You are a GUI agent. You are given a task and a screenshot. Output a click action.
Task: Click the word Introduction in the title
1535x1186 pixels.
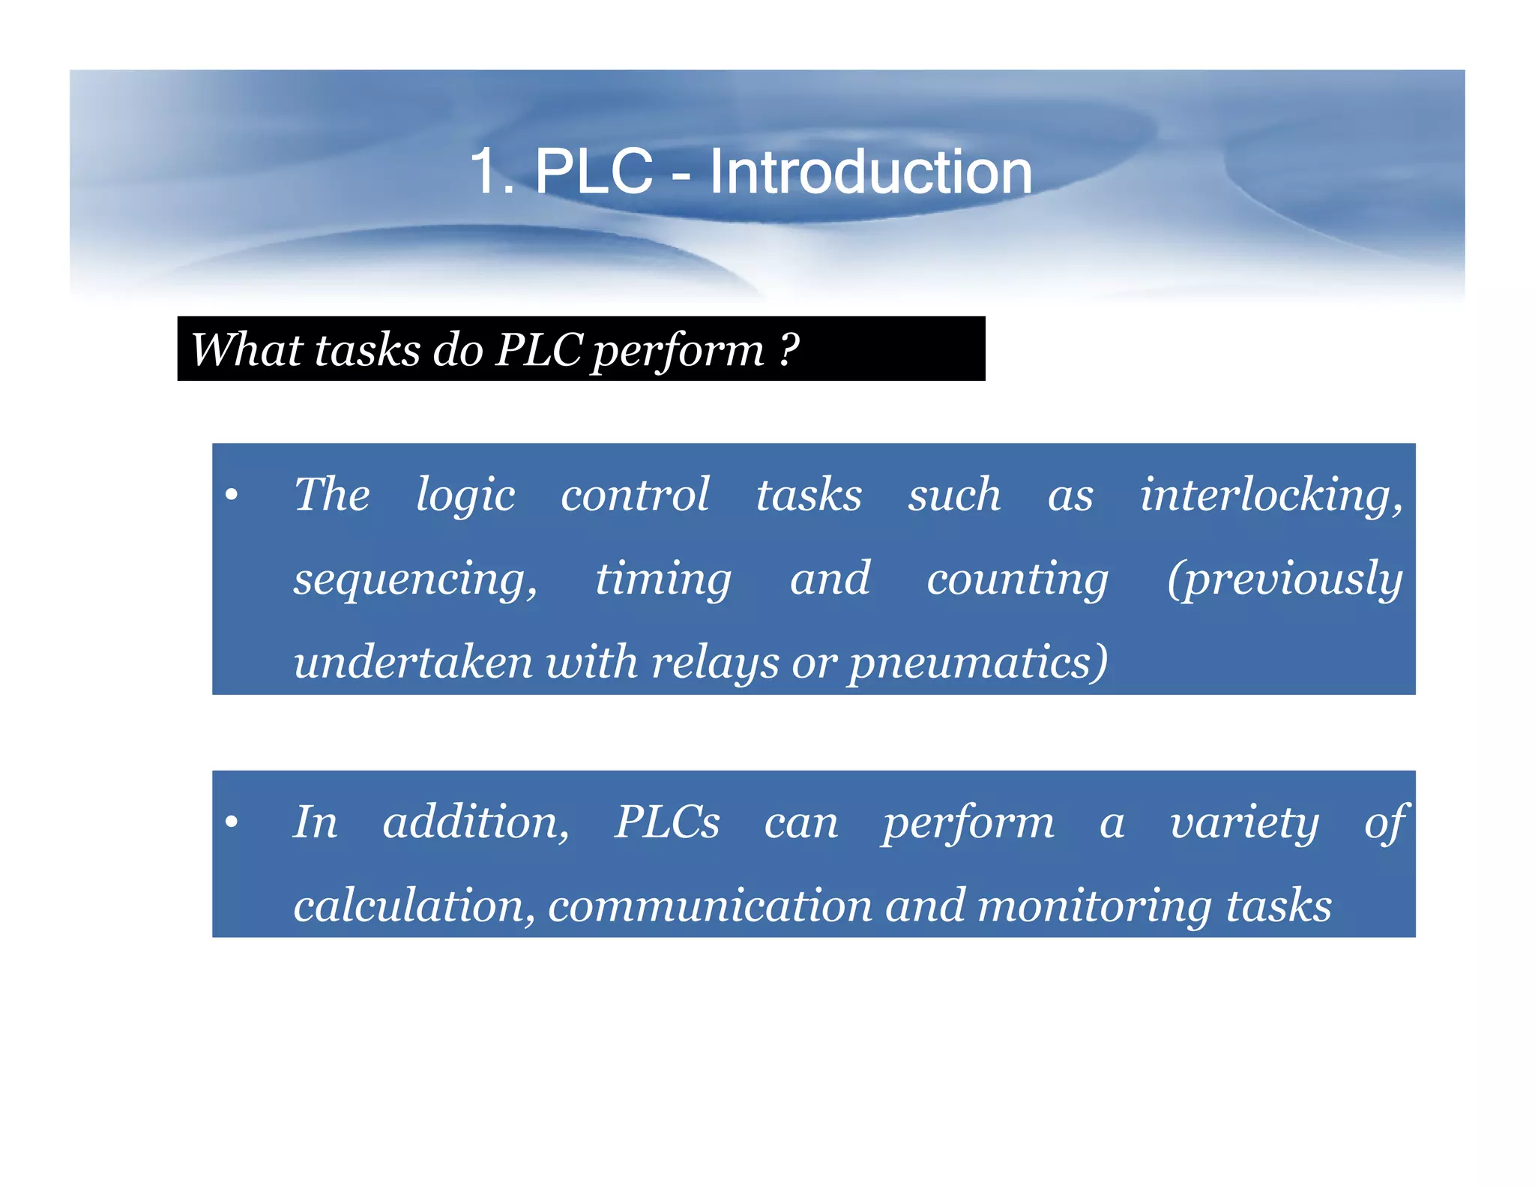click(x=870, y=172)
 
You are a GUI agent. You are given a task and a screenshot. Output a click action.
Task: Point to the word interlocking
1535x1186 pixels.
click(x=1271, y=495)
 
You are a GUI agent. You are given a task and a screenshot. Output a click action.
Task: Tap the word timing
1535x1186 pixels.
click(x=663, y=579)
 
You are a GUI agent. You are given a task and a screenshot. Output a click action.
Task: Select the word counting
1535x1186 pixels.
click(x=1017, y=579)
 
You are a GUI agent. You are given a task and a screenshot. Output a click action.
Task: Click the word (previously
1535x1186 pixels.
click(x=1285, y=579)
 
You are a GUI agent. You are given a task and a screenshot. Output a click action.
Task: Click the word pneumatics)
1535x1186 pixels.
click(x=978, y=663)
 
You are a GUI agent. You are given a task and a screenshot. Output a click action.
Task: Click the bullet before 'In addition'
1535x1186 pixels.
click(x=232, y=822)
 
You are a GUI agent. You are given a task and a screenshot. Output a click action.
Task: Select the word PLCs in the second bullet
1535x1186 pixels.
click(x=667, y=822)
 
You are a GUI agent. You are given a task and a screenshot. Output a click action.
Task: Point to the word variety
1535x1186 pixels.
click(x=1244, y=822)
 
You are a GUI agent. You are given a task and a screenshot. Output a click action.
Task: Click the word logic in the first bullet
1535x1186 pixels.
click(x=465, y=495)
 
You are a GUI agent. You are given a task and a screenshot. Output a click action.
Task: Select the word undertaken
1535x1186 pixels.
click(x=413, y=663)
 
